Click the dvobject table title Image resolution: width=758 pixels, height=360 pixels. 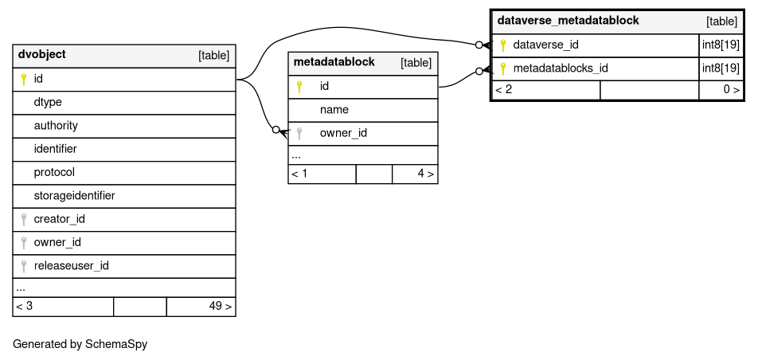(42, 55)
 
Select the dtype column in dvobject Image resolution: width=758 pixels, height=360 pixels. (48, 102)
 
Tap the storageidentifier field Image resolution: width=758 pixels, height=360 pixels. (75, 196)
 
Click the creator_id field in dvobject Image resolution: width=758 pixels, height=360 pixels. (59, 219)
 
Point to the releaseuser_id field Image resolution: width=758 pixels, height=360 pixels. (71, 266)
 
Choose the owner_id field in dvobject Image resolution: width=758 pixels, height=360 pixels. (57, 242)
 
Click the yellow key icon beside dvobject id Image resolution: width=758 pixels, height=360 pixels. (24, 80)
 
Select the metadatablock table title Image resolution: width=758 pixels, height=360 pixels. (334, 62)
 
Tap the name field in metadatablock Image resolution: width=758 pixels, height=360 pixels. (334, 110)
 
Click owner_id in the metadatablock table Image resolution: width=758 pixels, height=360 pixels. (343, 133)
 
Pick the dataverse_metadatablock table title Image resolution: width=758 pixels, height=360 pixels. (568, 21)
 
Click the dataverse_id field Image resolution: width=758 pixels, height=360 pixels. (545, 45)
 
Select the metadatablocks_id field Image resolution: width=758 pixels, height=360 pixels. (561, 68)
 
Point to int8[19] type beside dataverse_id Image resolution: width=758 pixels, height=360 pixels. (721, 45)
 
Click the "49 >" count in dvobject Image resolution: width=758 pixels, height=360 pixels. (221, 307)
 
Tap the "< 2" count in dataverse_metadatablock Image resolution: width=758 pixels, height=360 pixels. (503, 90)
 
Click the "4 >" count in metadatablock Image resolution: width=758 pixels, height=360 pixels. (425, 174)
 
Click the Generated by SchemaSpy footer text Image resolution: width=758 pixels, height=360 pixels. (80, 344)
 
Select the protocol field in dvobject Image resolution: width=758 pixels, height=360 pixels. (54, 173)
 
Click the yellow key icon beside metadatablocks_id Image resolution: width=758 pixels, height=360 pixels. (502, 68)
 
